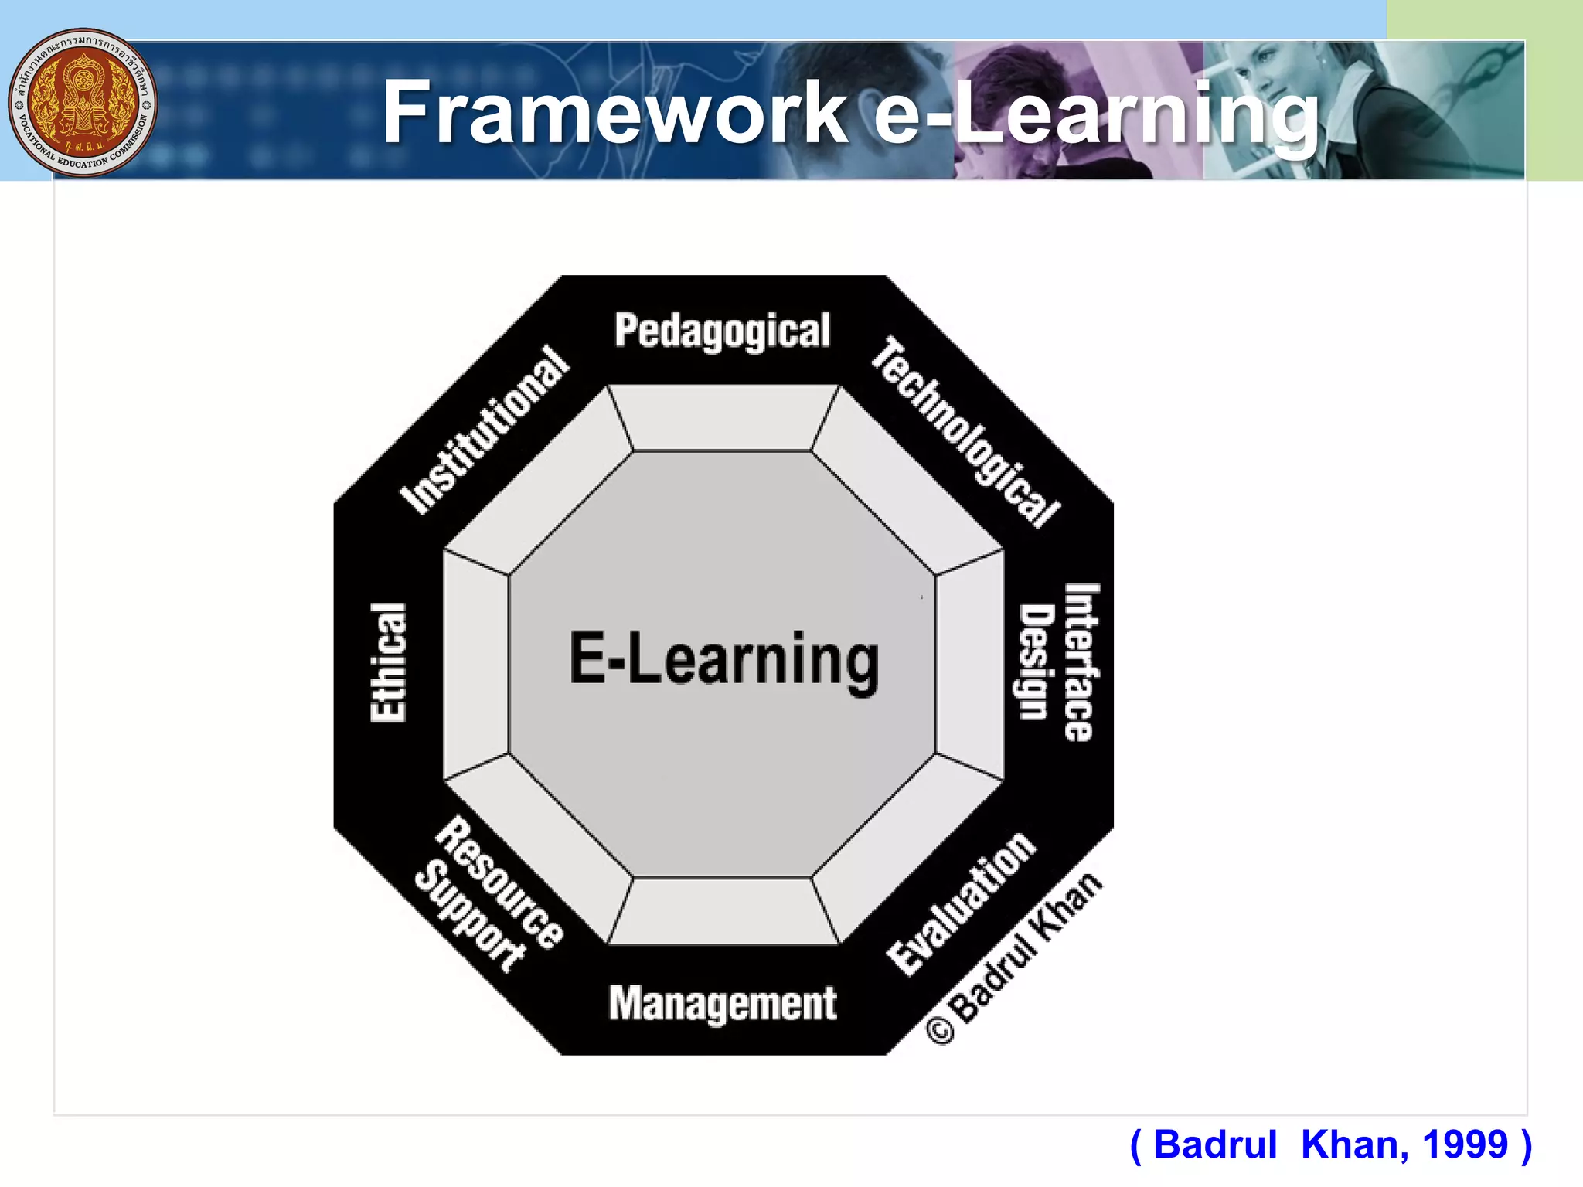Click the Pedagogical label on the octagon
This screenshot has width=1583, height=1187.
722,332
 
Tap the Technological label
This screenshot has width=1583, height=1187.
965,432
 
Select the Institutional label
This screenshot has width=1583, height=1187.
485,430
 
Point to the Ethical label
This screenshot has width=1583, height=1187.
388,662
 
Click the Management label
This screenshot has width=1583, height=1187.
723,1003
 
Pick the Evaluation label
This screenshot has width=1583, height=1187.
961,903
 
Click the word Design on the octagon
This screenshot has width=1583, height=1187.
1037,662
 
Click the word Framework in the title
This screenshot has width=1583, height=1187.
615,113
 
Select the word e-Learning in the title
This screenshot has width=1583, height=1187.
1096,114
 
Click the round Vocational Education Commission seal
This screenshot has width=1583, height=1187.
83,103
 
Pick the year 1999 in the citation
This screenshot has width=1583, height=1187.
1465,1144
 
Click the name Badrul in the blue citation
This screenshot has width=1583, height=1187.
1215,1144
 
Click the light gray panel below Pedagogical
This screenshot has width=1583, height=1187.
723,418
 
